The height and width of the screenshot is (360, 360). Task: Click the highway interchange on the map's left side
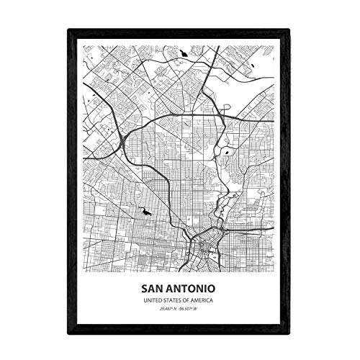coord(127,135)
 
